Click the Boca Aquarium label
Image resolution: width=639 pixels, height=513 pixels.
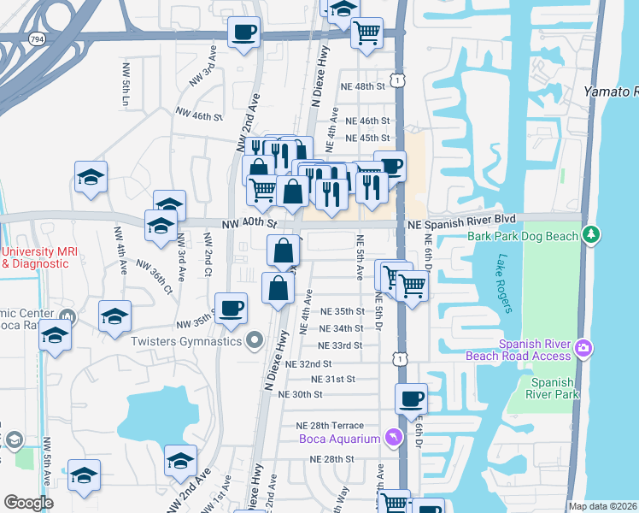tap(339, 439)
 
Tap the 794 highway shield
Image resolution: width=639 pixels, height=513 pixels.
tap(37, 39)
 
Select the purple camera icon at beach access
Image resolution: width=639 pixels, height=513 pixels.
tap(583, 347)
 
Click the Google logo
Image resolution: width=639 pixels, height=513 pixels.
tap(28, 503)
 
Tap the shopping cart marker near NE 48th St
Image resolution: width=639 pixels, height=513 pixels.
tap(367, 34)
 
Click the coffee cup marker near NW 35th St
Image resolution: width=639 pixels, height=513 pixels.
tap(230, 309)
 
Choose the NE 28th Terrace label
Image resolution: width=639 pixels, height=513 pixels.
tap(330, 426)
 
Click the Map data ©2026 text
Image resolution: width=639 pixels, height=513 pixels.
tap(602, 506)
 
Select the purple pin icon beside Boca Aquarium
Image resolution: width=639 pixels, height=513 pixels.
tap(392, 438)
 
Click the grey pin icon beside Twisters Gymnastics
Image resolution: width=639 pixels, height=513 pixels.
tap(254, 342)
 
